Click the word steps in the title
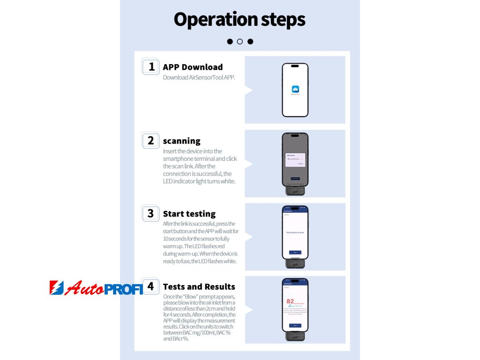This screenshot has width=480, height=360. pos(280,20)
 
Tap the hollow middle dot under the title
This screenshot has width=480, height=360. pos(240,41)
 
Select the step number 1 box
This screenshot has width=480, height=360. pos(151,67)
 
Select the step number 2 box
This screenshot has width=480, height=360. pos(151,140)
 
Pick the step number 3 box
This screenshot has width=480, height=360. pos(151,213)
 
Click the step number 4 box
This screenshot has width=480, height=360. pos(151,286)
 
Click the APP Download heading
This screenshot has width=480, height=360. pos(193,67)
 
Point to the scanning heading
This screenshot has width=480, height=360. pos(181,141)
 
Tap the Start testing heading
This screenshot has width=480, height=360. pos(189,214)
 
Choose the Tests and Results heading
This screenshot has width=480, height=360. pos(199,286)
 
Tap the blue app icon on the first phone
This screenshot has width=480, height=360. pos(295,89)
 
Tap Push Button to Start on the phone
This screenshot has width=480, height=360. pos(295,232)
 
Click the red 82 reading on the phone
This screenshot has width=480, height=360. pos(290,301)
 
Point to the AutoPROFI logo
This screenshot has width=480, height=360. pos(96,288)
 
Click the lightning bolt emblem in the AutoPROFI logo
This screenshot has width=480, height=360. pos(56,288)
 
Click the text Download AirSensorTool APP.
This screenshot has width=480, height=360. pos(199,77)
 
